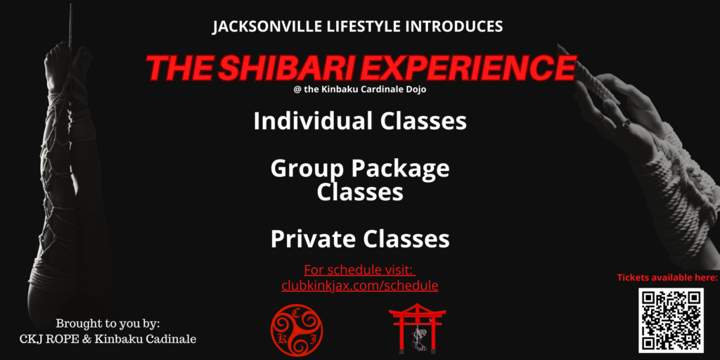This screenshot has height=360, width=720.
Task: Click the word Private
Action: click(x=313, y=239)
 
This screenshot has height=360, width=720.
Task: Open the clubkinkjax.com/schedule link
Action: click(x=359, y=285)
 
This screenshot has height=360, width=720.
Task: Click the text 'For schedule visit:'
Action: click(x=359, y=269)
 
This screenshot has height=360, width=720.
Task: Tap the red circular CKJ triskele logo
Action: click(x=297, y=330)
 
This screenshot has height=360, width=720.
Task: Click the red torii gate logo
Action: click(x=417, y=328)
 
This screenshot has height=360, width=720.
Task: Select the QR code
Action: click(x=671, y=320)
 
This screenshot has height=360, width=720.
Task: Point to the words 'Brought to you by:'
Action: click(x=108, y=323)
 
